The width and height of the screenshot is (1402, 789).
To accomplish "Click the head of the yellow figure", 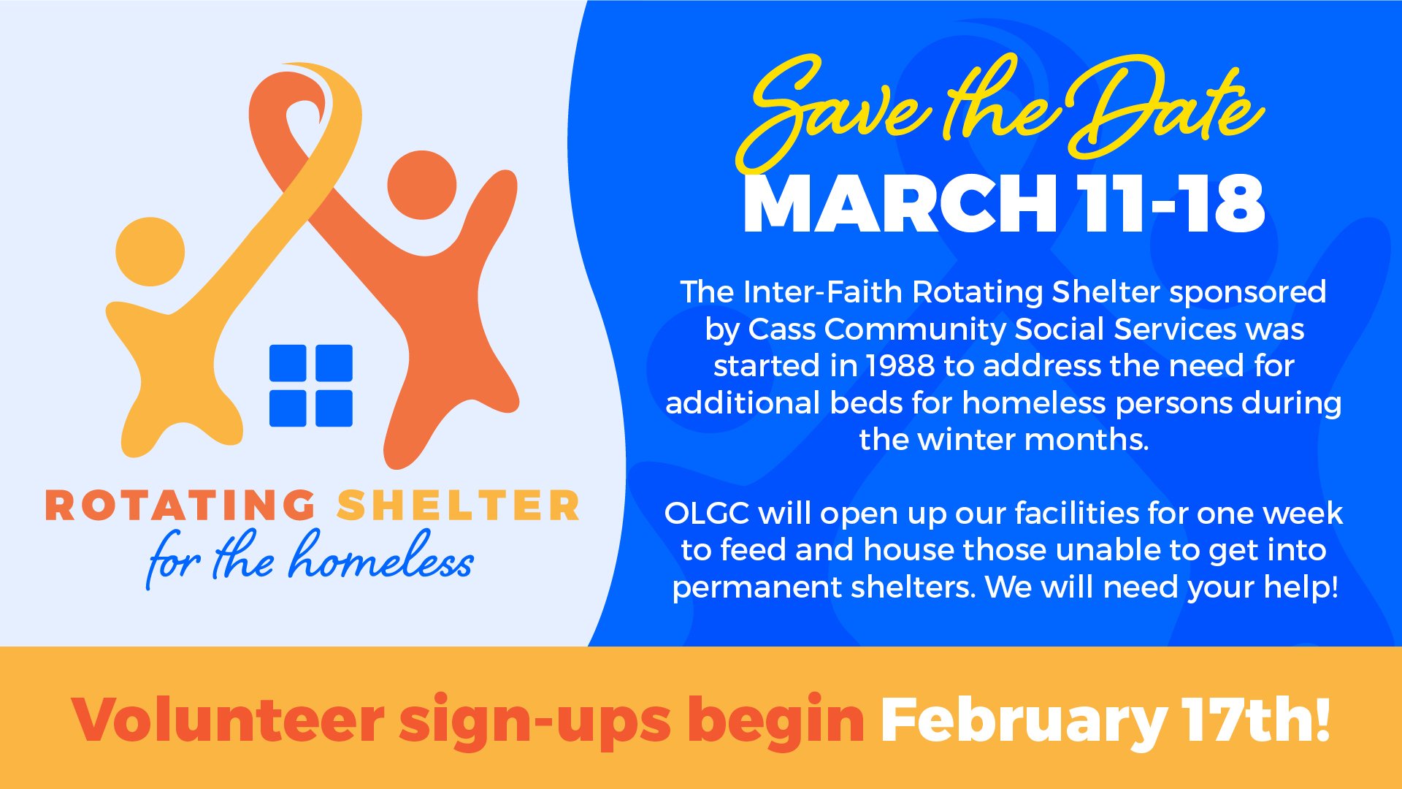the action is (x=150, y=251).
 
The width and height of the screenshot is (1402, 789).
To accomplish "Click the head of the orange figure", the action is (x=422, y=185).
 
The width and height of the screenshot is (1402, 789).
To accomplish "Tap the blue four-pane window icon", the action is (x=311, y=386).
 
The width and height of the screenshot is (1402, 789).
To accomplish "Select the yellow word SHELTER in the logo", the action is (x=459, y=506).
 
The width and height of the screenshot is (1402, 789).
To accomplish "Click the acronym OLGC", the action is (x=707, y=514).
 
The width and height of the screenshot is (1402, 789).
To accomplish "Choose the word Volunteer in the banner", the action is (x=228, y=720).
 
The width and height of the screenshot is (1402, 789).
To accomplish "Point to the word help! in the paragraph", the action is (x=1301, y=588).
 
